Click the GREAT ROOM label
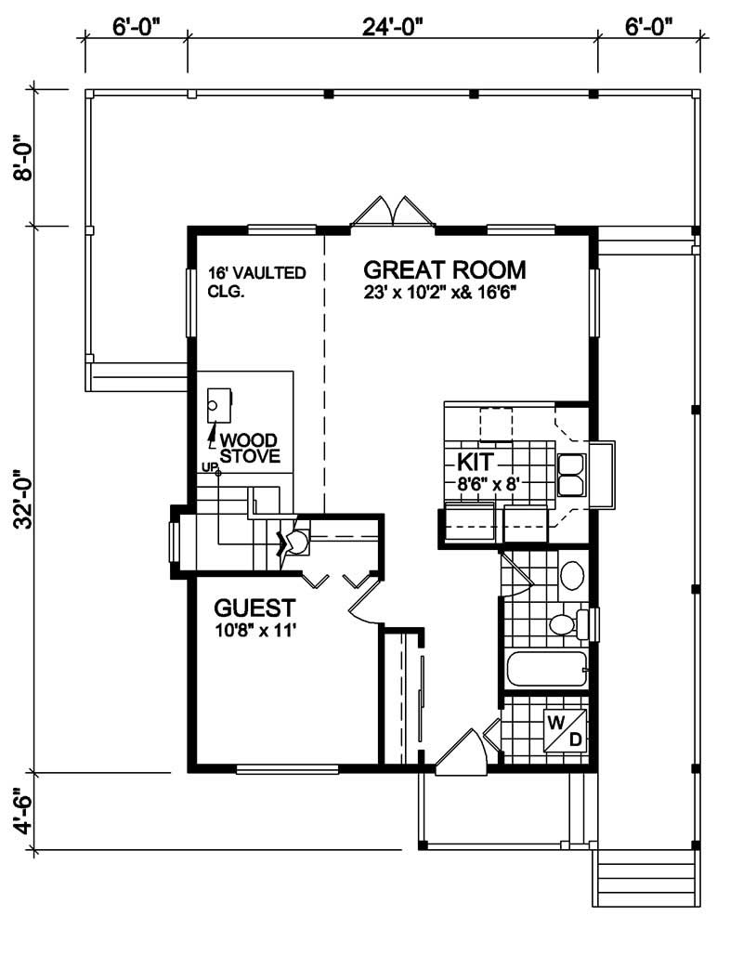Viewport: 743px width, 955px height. pyautogui.click(x=444, y=270)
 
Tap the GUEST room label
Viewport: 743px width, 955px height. pyautogui.click(x=254, y=608)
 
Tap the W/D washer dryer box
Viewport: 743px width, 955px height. pyautogui.click(x=565, y=730)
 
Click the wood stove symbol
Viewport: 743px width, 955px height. pyautogui.click(x=219, y=403)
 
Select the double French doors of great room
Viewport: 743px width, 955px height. pyautogui.click(x=394, y=212)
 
